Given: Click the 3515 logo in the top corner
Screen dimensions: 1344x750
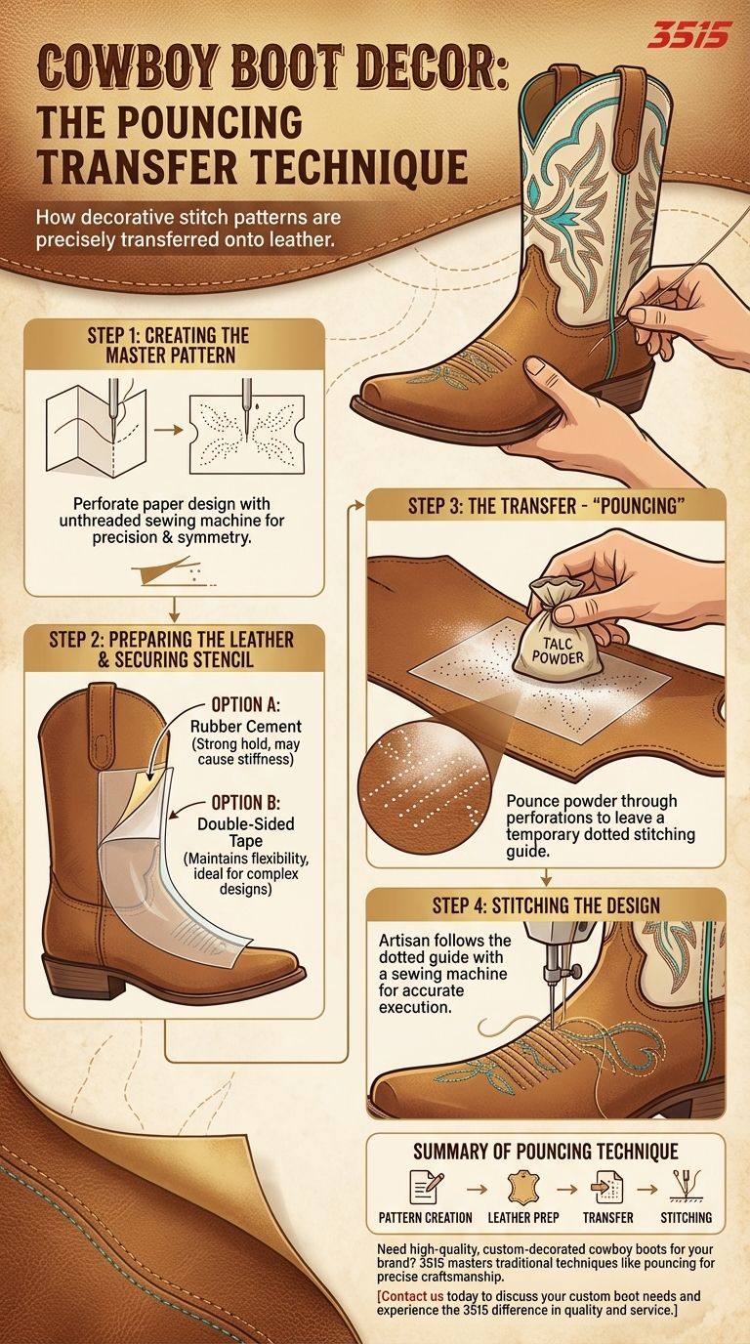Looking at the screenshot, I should click(687, 37).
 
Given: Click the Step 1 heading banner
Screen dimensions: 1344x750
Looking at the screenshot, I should click(168, 345).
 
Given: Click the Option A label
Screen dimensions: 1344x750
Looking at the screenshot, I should click(248, 704).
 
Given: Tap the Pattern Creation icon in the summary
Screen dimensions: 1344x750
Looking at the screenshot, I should click(424, 1188).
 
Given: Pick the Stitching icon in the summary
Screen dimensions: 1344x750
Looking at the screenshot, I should click(685, 1186).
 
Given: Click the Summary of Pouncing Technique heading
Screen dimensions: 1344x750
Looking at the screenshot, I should click(545, 1152).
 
